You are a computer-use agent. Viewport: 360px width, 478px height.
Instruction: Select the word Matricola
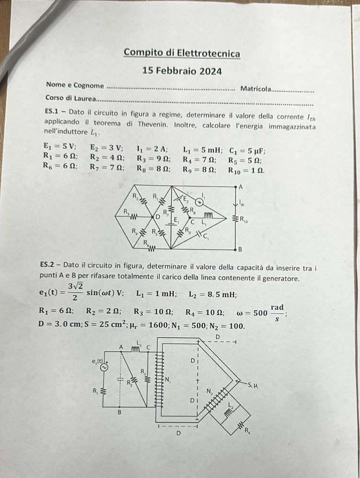(x=255, y=89)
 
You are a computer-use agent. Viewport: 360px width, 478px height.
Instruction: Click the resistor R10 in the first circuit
(x=235, y=219)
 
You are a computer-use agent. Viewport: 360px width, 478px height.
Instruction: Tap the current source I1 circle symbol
(x=199, y=202)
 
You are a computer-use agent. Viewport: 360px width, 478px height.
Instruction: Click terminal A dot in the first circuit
(x=235, y=187)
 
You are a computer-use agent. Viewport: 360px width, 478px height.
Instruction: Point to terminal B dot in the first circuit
(x=235, y=250)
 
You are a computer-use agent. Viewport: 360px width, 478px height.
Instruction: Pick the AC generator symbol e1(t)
(x=103, y=367)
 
